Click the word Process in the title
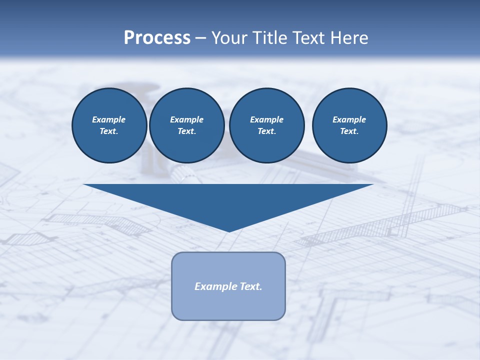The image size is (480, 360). point(157,38)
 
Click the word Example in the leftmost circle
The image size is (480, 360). point(109,119)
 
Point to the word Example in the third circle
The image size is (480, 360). point(266,119)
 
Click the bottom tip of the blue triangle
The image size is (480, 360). point(229,230)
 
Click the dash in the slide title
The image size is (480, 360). point(201,38)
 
